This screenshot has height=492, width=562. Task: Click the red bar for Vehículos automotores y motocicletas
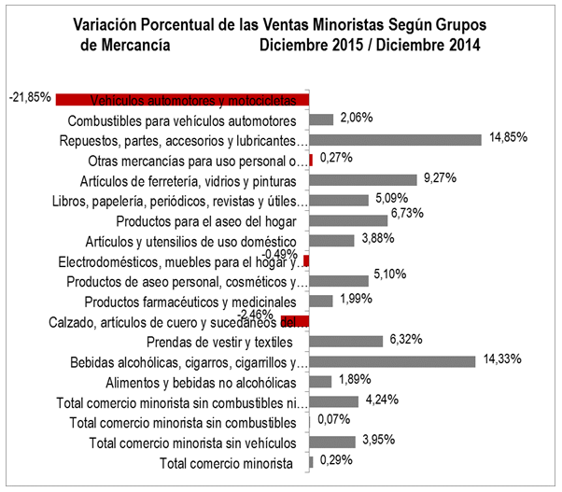pyautogui.click(x=182, y=100)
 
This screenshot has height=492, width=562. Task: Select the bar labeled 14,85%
pyautogui.click(x=395, y=140)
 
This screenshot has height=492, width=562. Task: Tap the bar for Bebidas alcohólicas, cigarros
pyautogui.click(x=392, y=361)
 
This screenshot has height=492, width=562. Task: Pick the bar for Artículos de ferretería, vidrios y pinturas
pyautogui.click(x=362, y=180)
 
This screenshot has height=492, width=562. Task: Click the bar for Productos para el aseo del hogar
pyautogui.click(x=347, y=220)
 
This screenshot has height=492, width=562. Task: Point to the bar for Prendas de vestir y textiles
pyautogui.click(x=345, y=341)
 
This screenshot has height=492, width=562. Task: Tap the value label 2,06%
pyautogui.click(x=356, y=118)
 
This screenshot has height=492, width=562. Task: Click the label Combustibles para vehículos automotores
pyautogui.click(x=183, y=120)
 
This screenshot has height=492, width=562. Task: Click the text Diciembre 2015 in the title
pyautogui.click(x=312, y=45)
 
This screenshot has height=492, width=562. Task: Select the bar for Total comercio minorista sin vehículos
pyautogui.click(x=331, y=442)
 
